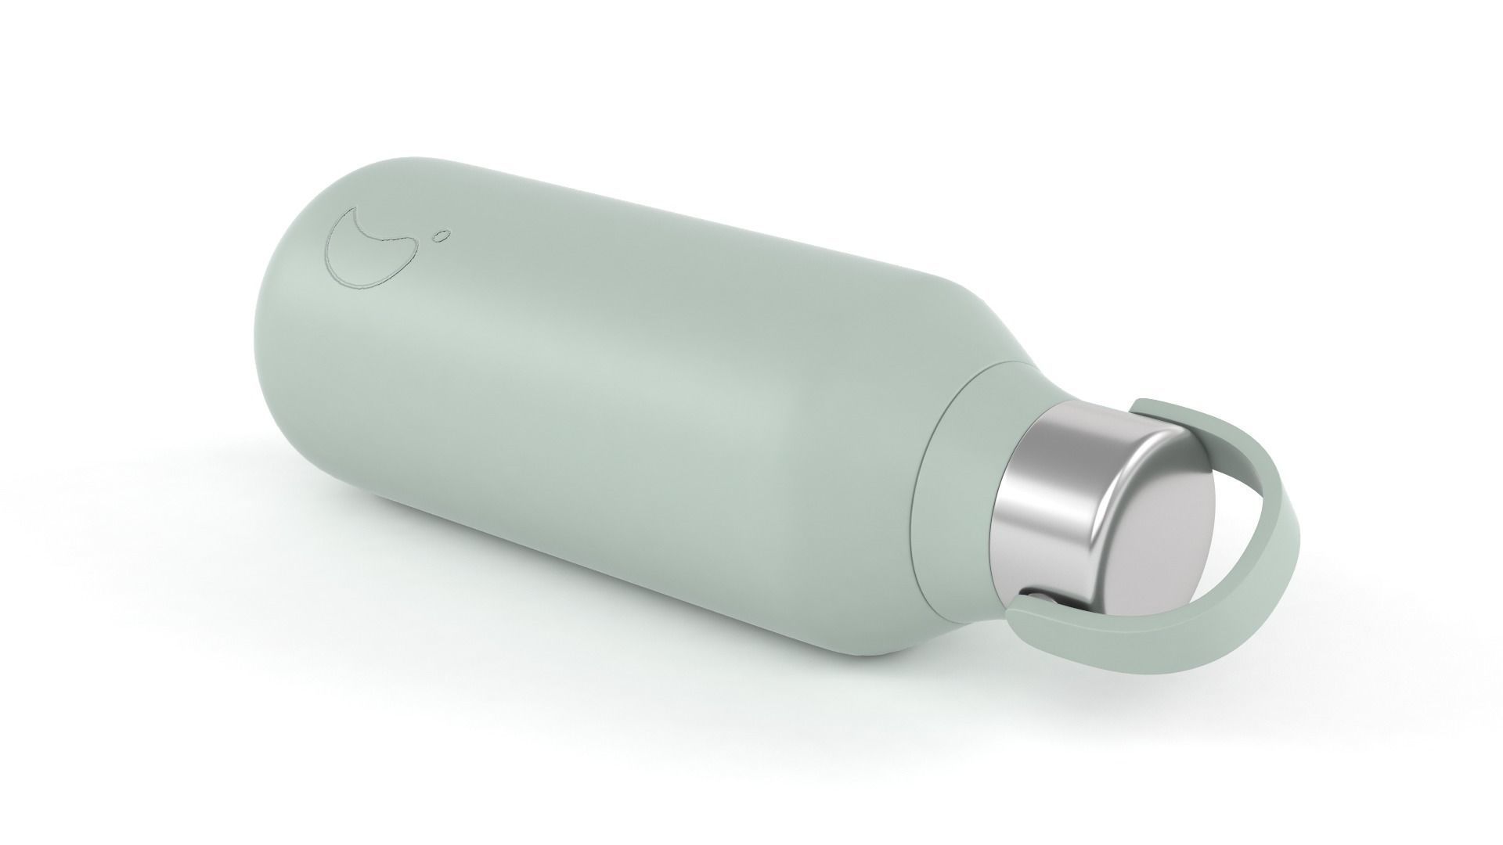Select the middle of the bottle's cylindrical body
pyautogui.click(x=626, y=407)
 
